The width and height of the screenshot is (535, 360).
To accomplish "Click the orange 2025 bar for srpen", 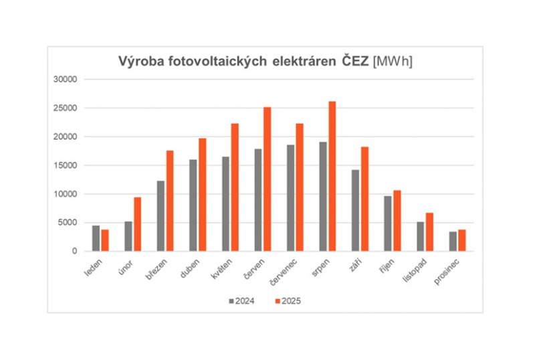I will pyautogui.click(x=332, y=177).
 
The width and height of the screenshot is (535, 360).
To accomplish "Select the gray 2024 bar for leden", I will pyautogui.click(x=96, y=238).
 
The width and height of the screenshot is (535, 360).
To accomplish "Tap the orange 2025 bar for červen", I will pyautogui.click(x=267, y=179).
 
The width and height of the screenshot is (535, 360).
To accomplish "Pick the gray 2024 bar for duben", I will pyautogui.click(x=193, y=205).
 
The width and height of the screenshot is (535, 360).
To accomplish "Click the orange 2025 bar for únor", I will pyautogui.click(x=137, y=224).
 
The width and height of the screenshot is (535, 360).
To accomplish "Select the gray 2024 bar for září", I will pyautogui.click(x=356, y=211).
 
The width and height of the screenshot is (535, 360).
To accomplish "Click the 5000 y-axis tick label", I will pyautogui.click(x=69, y=223).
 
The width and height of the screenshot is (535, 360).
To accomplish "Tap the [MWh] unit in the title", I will pyautogui.click(x=393, y=62).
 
